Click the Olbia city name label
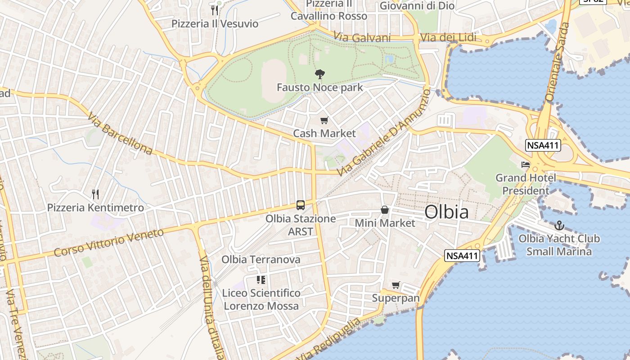[446, 212]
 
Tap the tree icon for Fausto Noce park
[320, 74]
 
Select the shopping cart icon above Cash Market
[324, 121]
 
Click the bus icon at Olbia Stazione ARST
[301, 205]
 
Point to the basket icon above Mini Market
[385, 210]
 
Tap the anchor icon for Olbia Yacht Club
[559, 225]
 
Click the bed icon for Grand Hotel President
[525, 165]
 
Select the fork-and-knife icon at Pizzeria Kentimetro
[95, 194]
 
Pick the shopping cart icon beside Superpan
[396, 285]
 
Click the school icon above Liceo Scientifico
[261, 280]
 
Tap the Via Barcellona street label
[120, 134]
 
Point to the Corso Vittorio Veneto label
[108, 243]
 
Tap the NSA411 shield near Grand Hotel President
[542, 145]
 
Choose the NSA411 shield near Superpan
[462, 256]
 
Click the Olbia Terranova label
[261, 260]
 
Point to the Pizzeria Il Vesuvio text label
[215, 23]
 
